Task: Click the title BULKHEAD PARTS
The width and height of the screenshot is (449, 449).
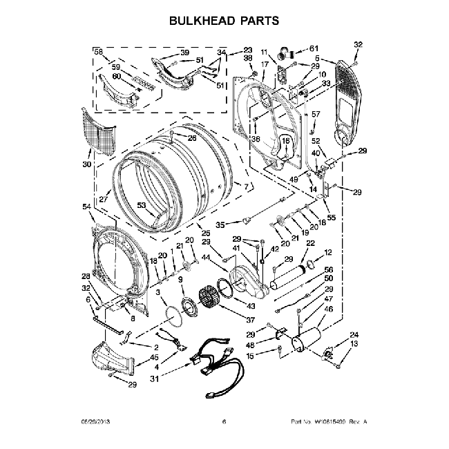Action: pyautogui.click(x=224, y=21)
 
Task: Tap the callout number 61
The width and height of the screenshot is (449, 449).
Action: pyautogui.click(x=315, y=48)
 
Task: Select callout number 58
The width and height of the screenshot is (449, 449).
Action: pyautogui.click(x=98, y=52)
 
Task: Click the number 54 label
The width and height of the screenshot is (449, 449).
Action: pyautogui.click(x=86, y=207)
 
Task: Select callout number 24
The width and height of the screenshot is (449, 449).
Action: pyautogui.click(x=354, y=334)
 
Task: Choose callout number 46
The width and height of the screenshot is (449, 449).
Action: pyautogui.click(x=329, y=309)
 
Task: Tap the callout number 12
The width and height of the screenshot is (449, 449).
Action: pyautogui.click(x=328, y=252)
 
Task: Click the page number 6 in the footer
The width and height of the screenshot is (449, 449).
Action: pyautogui.click(x=224, y=421)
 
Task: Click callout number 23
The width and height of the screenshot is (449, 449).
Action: pyautogui.click(x=248, y=50)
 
